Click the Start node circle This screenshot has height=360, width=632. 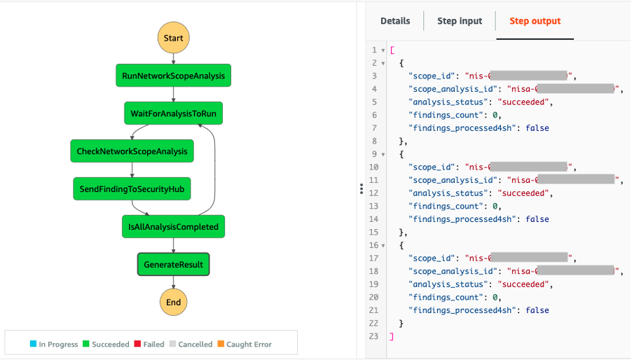point(173,38)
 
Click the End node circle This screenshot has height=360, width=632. point(173,303)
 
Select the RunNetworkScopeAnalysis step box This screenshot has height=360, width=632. point(173,76)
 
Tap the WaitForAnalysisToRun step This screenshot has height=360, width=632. point(176,113)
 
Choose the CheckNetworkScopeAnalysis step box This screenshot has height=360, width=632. point(132,151)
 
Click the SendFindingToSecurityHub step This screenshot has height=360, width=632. point(132,189)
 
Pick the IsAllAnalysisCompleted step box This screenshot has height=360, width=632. point(173,227)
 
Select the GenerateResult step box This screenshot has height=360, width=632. point(173,265)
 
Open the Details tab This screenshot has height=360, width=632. point(395,21)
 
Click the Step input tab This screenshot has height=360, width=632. point(460,21)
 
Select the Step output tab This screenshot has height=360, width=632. point(535,21)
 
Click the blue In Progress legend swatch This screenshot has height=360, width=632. point(33,344)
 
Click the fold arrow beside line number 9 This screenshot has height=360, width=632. point(383,154)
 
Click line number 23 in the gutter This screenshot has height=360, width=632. point(374,337)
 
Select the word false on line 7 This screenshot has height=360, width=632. point(537,128)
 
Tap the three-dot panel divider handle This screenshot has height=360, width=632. point(361,189)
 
